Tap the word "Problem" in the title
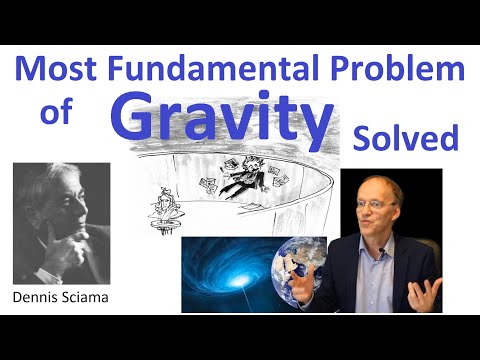(x=406, y=70)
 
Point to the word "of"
(x=57, y=115)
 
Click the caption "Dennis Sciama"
(x=60, y=297)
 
